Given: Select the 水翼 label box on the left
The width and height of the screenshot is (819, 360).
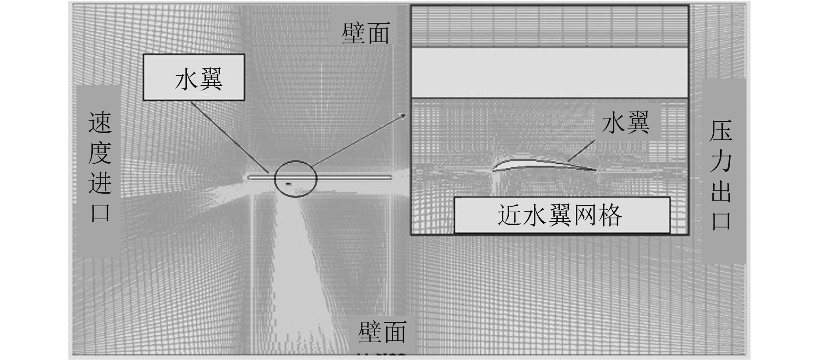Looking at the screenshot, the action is [194, 78].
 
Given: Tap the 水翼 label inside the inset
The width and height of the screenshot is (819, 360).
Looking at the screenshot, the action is [626, 122].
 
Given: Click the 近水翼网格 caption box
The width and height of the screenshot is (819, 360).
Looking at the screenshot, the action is [562, 215].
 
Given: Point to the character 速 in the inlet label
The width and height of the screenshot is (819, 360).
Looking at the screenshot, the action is [100, 123].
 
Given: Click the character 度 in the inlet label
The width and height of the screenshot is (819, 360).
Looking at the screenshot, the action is [100, 152].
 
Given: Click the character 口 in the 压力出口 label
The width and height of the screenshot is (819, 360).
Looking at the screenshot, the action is [721, 220].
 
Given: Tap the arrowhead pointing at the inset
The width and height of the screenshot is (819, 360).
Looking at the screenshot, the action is [403, 115].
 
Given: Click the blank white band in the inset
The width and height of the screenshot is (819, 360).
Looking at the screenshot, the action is [549, 73].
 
